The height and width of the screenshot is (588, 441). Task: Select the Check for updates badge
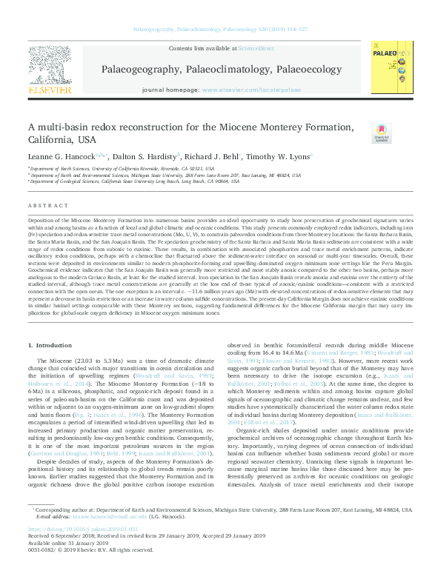point(381,133)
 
